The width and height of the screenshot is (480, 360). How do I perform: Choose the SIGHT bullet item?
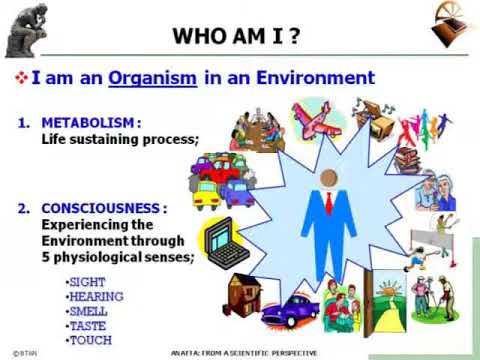click(86, 283)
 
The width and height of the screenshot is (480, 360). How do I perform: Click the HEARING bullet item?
click(94, 297)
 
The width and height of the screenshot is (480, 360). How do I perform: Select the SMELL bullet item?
click(89, 311)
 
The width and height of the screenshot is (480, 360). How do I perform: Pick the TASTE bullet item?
click(88, 325)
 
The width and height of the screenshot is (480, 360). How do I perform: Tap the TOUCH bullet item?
click(90, 340)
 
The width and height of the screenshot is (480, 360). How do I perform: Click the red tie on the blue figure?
click(328, 204)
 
